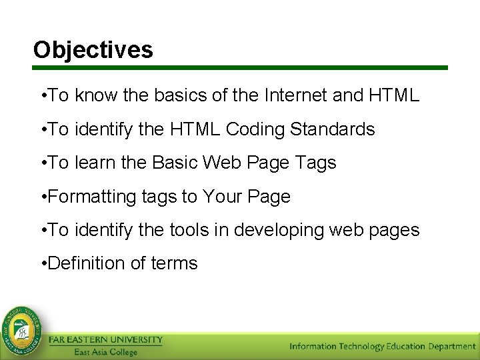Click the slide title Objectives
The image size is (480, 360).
[93, 50]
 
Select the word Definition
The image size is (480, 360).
[87, 264]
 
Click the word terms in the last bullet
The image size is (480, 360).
[175, 264]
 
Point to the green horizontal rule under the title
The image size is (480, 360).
[240, 68]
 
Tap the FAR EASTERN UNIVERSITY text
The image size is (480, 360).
[105, 340]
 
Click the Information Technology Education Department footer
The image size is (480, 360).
[382, 347]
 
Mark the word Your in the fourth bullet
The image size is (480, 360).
[221, 197]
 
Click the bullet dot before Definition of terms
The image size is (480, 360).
[43, 264]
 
